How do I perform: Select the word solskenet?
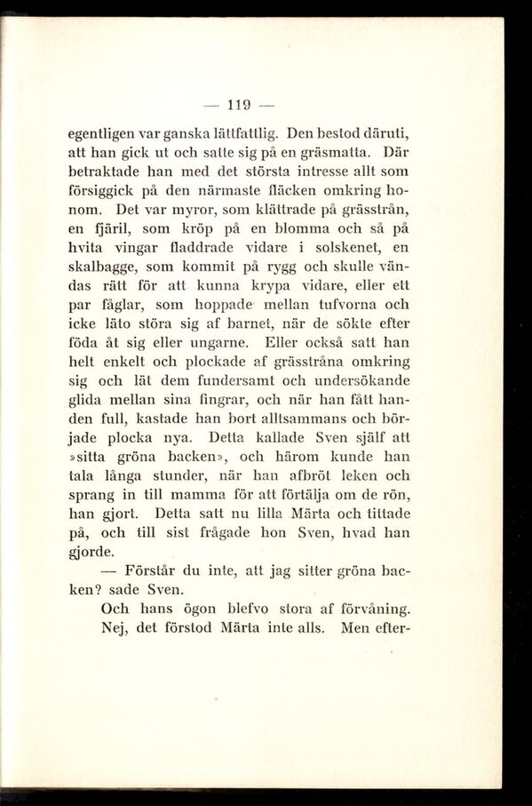[337, 247]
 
